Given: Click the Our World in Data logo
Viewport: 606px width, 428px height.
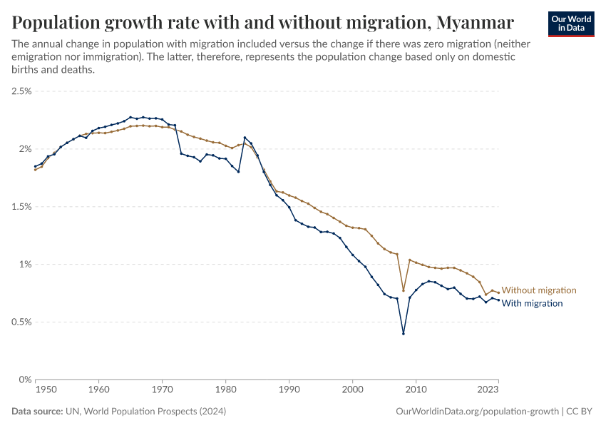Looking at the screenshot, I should point(571,23).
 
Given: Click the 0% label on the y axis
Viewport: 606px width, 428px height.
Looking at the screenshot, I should point(25,379).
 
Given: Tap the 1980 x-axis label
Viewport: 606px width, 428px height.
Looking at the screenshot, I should point(226,390).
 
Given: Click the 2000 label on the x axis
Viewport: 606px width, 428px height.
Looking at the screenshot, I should point(353,390).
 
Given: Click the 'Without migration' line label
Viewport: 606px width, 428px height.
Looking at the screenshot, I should point(539,290).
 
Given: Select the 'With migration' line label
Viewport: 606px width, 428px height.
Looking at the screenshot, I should point(532,303).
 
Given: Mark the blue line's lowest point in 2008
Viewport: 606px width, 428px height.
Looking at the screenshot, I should point(404,333).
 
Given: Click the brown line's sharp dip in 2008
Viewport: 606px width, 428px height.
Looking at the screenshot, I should point(404,290).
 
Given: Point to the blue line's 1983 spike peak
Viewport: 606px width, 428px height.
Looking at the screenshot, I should point(245,138).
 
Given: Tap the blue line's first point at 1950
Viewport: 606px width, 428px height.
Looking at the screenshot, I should point(35,167).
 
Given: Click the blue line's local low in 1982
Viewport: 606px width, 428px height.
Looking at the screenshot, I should point(238,172).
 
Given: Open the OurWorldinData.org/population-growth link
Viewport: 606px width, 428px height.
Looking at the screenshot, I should point(477,412).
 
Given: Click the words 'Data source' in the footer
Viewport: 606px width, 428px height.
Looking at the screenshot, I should point(36,412).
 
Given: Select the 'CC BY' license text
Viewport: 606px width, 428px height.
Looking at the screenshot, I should point(580,412).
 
